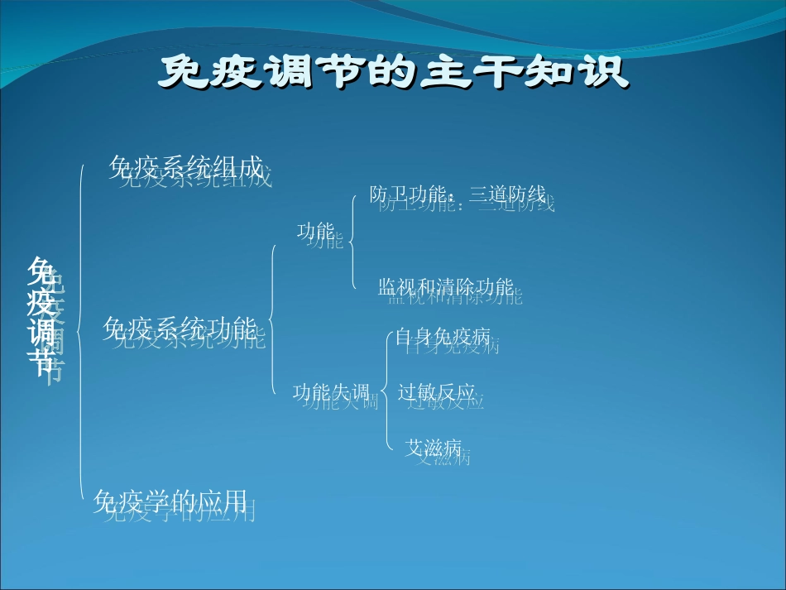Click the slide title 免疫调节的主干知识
coord(393,73)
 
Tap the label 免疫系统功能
coord(180,330)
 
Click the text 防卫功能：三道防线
coord(458,195)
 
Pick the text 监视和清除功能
coord(446,287)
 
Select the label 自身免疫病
coord(443,337)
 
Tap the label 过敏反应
coord(437,392)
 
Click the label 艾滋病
coord(433,448)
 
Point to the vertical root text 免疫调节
coord(41,317)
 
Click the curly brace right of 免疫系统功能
coord(273,319)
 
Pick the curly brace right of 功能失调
coord(386,391)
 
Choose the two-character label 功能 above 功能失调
coord(315,232)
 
